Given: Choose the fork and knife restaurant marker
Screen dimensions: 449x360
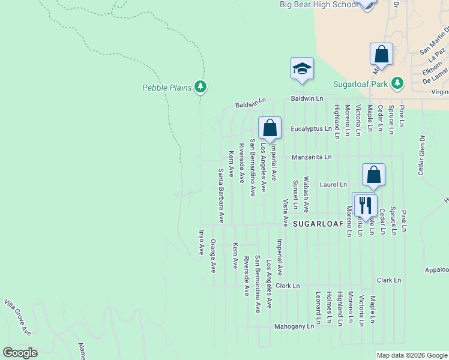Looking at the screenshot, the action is click(x=364, y=205).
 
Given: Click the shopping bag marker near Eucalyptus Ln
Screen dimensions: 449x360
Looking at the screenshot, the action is click(x=270, y=128).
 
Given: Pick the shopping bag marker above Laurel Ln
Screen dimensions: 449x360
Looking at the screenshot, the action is click(x=373, y=175).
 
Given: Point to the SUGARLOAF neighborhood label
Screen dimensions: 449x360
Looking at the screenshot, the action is click(x=318, y=223).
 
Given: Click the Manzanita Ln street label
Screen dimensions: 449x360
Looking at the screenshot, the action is click(x=312, y=157).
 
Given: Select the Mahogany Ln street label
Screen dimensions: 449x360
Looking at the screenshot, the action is click(x=294, y=327).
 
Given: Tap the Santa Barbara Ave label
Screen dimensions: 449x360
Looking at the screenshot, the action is click(x=221, y=196).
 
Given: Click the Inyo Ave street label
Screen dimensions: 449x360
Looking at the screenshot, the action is click(x=202, y=242).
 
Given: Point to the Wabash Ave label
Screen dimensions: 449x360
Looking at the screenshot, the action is click(x=306, y=194).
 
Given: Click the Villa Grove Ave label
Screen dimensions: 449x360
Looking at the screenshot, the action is click(x=17, y=317).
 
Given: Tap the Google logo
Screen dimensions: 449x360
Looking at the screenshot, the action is click(x=20, y=353).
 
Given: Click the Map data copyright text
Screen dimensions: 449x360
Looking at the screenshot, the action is click(x=412, y=355).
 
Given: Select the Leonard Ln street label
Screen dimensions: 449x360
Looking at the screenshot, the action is click(x=318, y=306).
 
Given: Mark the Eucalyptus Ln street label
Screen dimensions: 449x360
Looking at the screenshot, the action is click(x=311, y=129).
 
